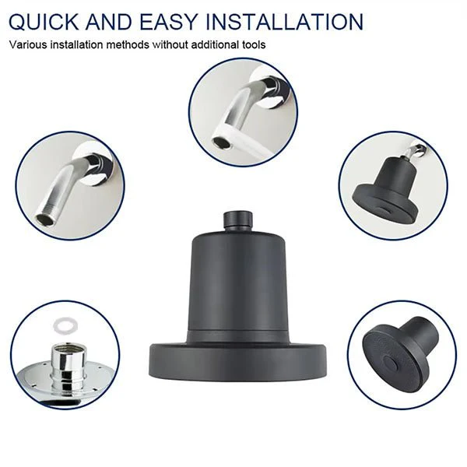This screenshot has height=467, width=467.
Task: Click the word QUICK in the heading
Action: click(44, 22)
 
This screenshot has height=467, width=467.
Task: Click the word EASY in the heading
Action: click(169, 22)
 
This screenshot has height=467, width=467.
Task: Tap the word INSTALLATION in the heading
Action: click(284, 22)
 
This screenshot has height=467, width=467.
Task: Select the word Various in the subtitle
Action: click(28, 44)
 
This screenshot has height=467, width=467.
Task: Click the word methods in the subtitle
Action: click(128, 44)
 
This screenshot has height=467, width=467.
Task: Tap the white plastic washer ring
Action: click(65, 325)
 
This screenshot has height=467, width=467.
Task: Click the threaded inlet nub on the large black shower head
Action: click(237, 220)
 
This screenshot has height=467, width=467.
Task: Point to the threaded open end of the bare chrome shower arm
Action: click(46, 218)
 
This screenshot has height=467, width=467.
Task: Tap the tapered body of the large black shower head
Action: click(237, 283)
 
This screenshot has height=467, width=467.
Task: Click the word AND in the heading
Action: click(109, 22)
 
